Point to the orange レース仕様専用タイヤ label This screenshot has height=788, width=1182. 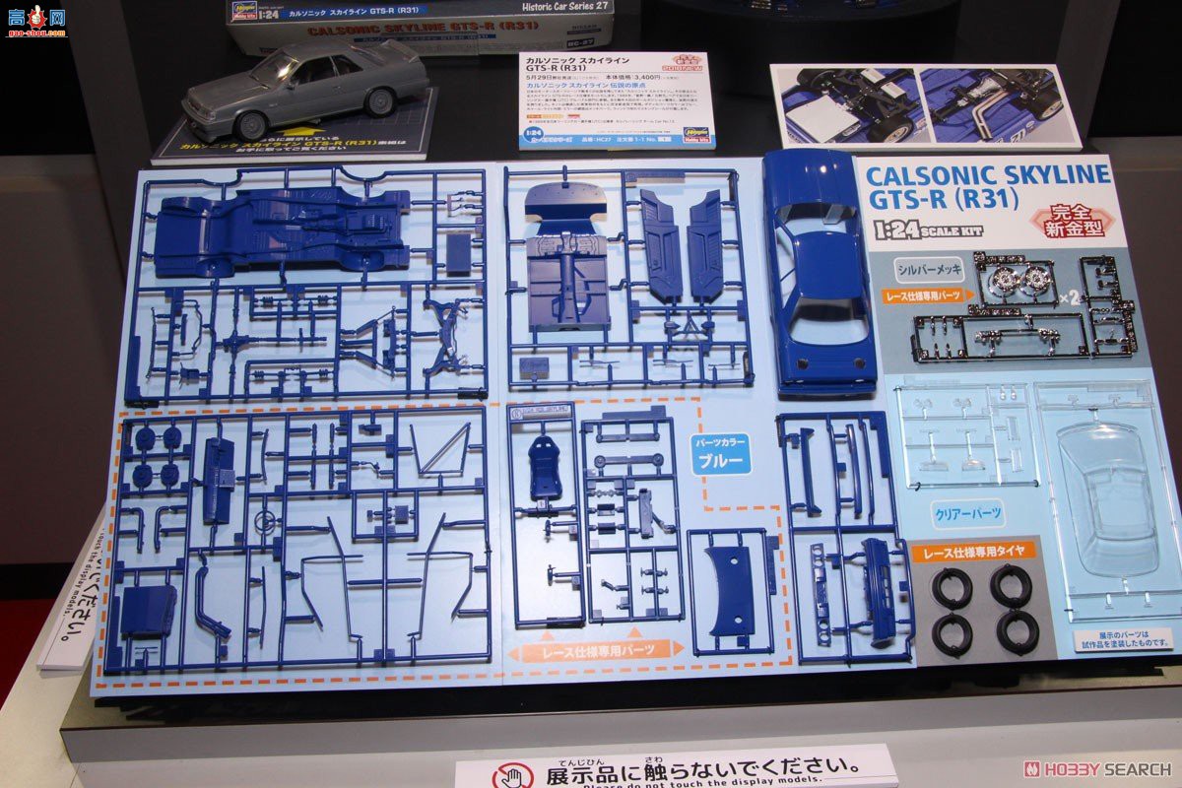(x=974, y=552)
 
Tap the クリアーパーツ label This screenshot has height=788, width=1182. (x=967, y=512)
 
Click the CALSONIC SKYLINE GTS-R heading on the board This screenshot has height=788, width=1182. (x=988, y=186)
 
